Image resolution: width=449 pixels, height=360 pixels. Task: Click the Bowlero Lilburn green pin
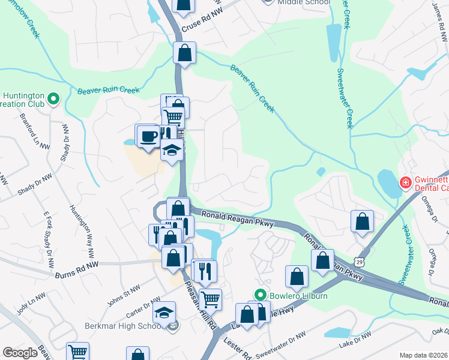coord(260,295)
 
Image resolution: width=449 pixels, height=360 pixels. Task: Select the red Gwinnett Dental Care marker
coord(406,182)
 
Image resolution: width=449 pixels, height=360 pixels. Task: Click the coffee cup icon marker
coord(148,136)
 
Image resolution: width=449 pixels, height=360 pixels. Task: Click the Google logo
coord(20,353)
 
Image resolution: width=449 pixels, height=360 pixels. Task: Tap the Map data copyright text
coord(424,355)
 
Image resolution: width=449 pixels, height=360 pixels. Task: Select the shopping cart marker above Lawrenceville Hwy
coord(209,298)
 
